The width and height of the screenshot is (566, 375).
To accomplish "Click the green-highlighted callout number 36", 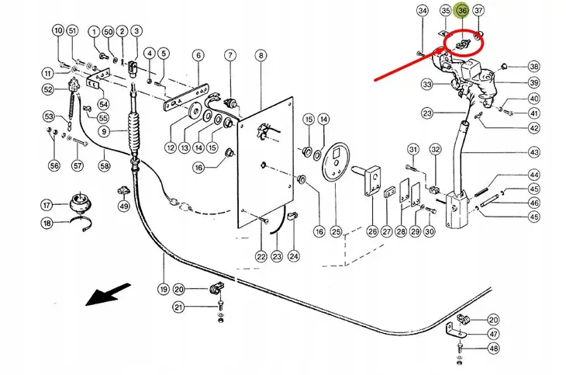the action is tap(462, 11).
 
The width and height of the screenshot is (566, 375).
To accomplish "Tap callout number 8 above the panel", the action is tap(261, 56).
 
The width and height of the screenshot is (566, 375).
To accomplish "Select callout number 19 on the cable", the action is tap(164, 290).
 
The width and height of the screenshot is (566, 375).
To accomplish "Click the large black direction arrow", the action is tap(108, 294).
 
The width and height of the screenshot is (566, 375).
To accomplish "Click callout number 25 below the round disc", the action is tap(336, 231).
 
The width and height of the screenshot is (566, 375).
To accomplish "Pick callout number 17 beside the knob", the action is tap(47, 206).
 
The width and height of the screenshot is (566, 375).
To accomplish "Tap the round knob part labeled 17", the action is tap(80, 202).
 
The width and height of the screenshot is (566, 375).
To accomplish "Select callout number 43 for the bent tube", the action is tap(534, 152).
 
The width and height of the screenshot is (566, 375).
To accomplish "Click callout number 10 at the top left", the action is tap(59, 31).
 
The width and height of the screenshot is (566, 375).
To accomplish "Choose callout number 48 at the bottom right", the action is tap(493, 349).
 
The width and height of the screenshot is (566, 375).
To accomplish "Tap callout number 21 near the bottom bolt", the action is tap(178, 307).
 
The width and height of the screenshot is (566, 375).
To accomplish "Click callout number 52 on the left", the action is tap(48, 89).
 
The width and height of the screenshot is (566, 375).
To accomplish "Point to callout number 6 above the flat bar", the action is tap(198, 56).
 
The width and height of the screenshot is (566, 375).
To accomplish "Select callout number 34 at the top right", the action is tap(423, 11).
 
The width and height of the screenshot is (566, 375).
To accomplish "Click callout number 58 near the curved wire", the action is tap(105, 166).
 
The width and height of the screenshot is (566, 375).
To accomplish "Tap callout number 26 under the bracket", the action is tap(372, 231).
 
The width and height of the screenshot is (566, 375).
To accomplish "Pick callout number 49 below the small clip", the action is tap(124, 207).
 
